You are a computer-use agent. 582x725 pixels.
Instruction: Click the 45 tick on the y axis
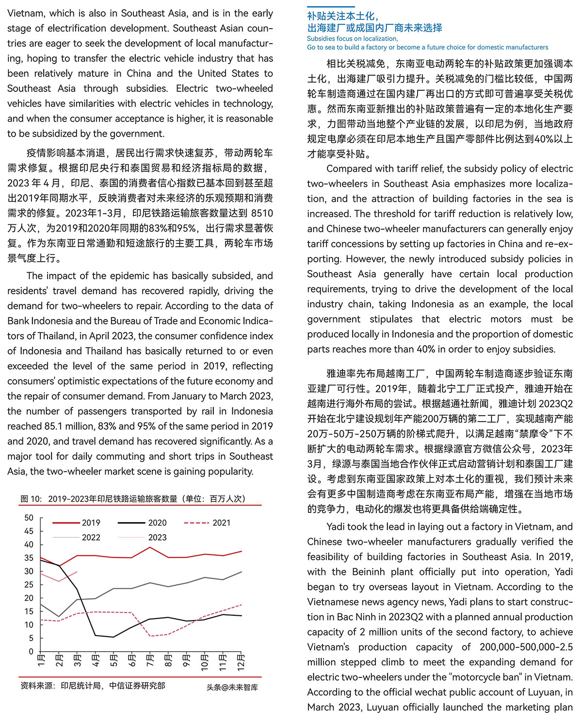29,531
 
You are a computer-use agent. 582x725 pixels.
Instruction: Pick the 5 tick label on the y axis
31,639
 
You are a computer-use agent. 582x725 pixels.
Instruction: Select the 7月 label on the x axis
150,661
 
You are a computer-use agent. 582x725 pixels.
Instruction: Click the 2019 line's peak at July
150,548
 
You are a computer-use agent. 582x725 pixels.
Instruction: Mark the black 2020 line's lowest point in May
113,637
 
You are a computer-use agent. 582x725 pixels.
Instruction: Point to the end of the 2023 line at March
77,572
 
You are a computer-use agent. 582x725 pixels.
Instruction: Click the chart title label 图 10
31,499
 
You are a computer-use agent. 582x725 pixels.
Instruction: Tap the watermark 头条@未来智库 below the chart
232,687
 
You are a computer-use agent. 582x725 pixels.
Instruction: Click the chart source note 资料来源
37,686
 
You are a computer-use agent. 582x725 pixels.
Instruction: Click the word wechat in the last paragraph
420,692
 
